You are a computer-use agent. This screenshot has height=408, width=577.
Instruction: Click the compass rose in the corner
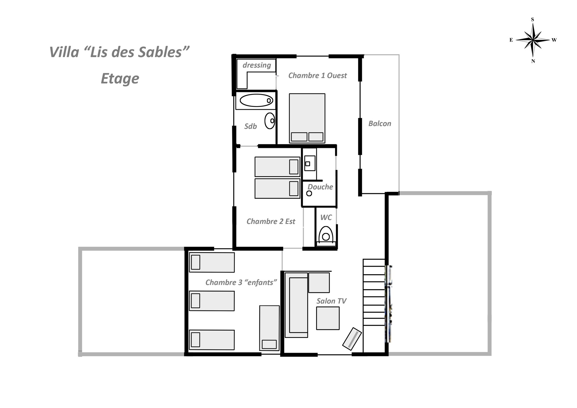533,40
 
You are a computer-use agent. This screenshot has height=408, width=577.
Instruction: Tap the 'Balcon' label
380,124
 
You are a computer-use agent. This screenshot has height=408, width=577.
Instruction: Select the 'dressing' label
257,65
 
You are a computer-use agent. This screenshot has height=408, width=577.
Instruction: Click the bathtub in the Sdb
256,100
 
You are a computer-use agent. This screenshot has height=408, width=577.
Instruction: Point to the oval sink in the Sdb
270,121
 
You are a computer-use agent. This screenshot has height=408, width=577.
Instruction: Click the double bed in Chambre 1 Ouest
307,118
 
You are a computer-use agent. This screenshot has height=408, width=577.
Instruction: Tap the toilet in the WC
326,235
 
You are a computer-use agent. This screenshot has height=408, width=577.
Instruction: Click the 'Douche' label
320,187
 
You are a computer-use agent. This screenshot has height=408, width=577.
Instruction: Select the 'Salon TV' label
331,301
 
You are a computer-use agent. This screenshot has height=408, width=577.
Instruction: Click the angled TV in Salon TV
352,339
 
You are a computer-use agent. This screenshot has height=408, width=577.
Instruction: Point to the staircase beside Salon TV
374,305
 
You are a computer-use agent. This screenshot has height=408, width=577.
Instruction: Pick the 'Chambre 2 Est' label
271,222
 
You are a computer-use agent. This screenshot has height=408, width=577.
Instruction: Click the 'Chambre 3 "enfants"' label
241,282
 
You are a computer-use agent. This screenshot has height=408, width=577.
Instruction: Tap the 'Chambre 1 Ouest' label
317,75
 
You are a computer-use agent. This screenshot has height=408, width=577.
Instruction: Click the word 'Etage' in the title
120,79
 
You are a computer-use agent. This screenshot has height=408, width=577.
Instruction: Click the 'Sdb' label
250,126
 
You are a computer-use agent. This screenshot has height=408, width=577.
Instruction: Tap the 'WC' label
326,217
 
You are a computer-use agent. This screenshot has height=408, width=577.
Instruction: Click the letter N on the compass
533,61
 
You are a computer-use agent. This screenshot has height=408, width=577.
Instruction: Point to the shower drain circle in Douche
309,193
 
